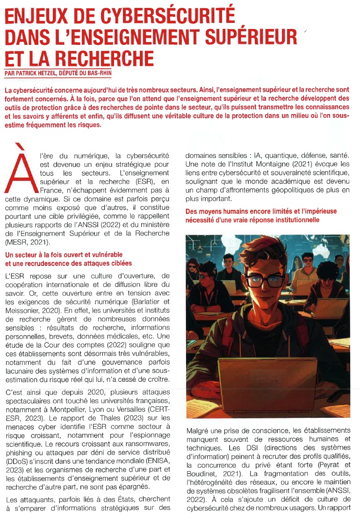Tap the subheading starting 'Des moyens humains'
(261, 215)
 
